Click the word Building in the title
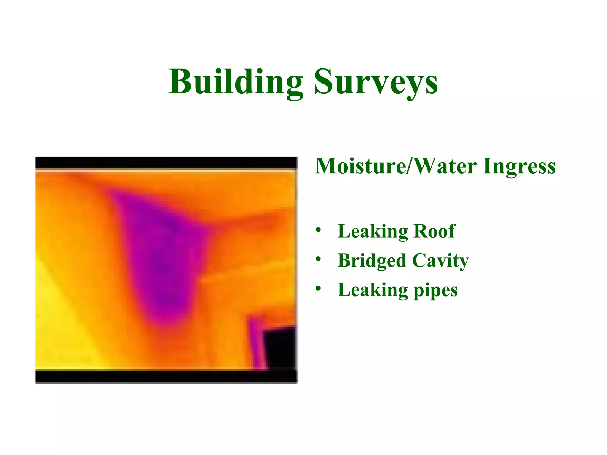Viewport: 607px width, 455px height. point(236,81)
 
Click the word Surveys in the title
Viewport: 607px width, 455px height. point(376,81)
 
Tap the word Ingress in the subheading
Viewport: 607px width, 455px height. point(519,166)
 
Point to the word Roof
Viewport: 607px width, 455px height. point(434,231)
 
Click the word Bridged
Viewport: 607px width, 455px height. point(371,261)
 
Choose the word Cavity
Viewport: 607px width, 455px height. point(440,261)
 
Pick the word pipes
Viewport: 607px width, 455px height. point(435,290)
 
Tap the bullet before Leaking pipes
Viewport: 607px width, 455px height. point(318,289)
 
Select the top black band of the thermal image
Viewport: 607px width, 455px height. point(166,163)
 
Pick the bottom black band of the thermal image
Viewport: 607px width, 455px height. point(166,377)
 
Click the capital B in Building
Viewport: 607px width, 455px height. point(180,81)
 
